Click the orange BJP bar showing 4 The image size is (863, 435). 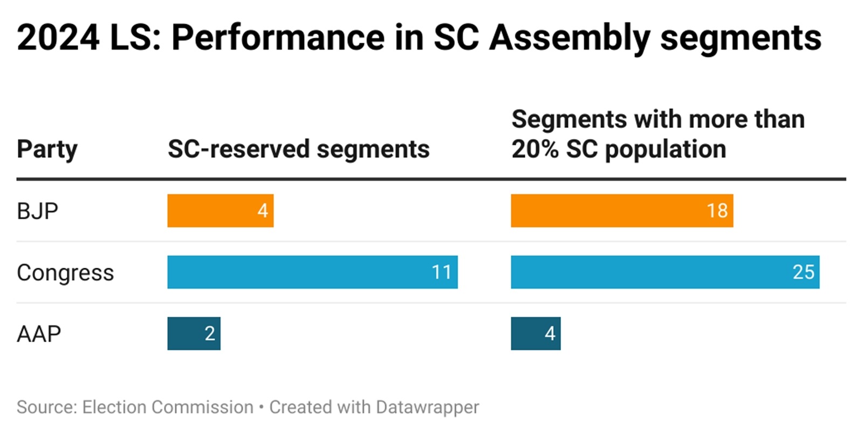point(220,210)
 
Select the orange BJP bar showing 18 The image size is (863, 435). point(621,210)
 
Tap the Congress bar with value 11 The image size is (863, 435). point(312,272)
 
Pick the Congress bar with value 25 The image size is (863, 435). point(665,272)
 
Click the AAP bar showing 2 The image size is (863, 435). point(194,334)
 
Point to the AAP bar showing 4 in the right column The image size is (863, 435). point(535,334)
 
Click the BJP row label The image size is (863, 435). point(37,210)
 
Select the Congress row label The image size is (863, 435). point(65,273)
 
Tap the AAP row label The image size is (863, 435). point(39,334)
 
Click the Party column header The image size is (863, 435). point(47,149)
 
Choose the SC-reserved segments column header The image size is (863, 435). point(298,149)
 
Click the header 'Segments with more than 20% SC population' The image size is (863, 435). point(657,134)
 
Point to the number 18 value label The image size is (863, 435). point(717,210)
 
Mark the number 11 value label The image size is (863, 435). point(441,272)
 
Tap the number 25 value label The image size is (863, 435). point(803,272)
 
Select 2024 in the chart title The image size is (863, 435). point(58,38)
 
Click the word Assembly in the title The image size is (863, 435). point(569,38)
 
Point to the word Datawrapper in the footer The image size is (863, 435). point(427,407)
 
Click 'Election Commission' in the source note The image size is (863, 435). point(168,407)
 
